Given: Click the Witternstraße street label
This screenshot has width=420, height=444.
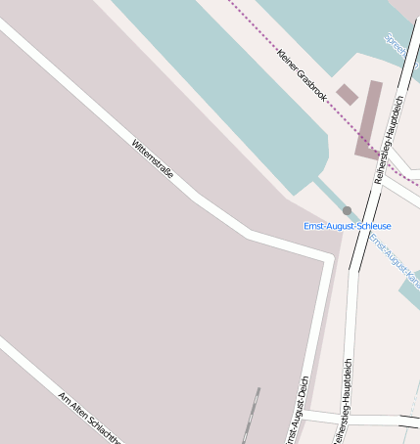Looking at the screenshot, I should (153, 158).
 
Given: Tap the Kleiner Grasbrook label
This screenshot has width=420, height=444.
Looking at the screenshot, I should (302, 75).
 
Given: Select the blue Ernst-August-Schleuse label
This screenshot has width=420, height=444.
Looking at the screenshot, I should (347, 226).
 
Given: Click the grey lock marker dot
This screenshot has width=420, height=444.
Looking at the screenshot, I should (347, 210).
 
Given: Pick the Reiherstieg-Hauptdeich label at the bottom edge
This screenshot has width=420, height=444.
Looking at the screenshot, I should (342, 406).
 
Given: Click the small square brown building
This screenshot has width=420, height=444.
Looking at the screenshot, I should (347, 95).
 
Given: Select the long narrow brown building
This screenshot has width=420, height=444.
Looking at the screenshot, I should (369, 119).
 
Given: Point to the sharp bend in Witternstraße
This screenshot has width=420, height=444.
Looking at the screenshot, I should (248, 235).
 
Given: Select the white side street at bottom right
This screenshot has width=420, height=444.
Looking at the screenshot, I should (387, 420).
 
